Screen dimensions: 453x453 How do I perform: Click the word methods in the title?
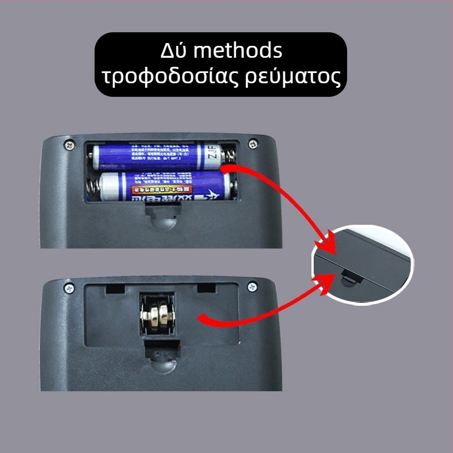pyautogui.click(x=237, y=51)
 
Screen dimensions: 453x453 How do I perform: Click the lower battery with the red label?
pyautogui.click(x=164, y=186)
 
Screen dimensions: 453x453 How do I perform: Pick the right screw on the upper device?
pyautogui.click(x=252, y=143)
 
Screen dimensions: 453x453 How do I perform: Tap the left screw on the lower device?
pyautogui.click(x=69, y=288)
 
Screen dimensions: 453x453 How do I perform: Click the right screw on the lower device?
pyautogui.click(x=252, y=287)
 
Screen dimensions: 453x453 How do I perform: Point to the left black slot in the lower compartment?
pyautogui.click(x=115, y=289)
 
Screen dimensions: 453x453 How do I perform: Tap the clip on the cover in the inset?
pyautogui.click(x=352, y=276)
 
